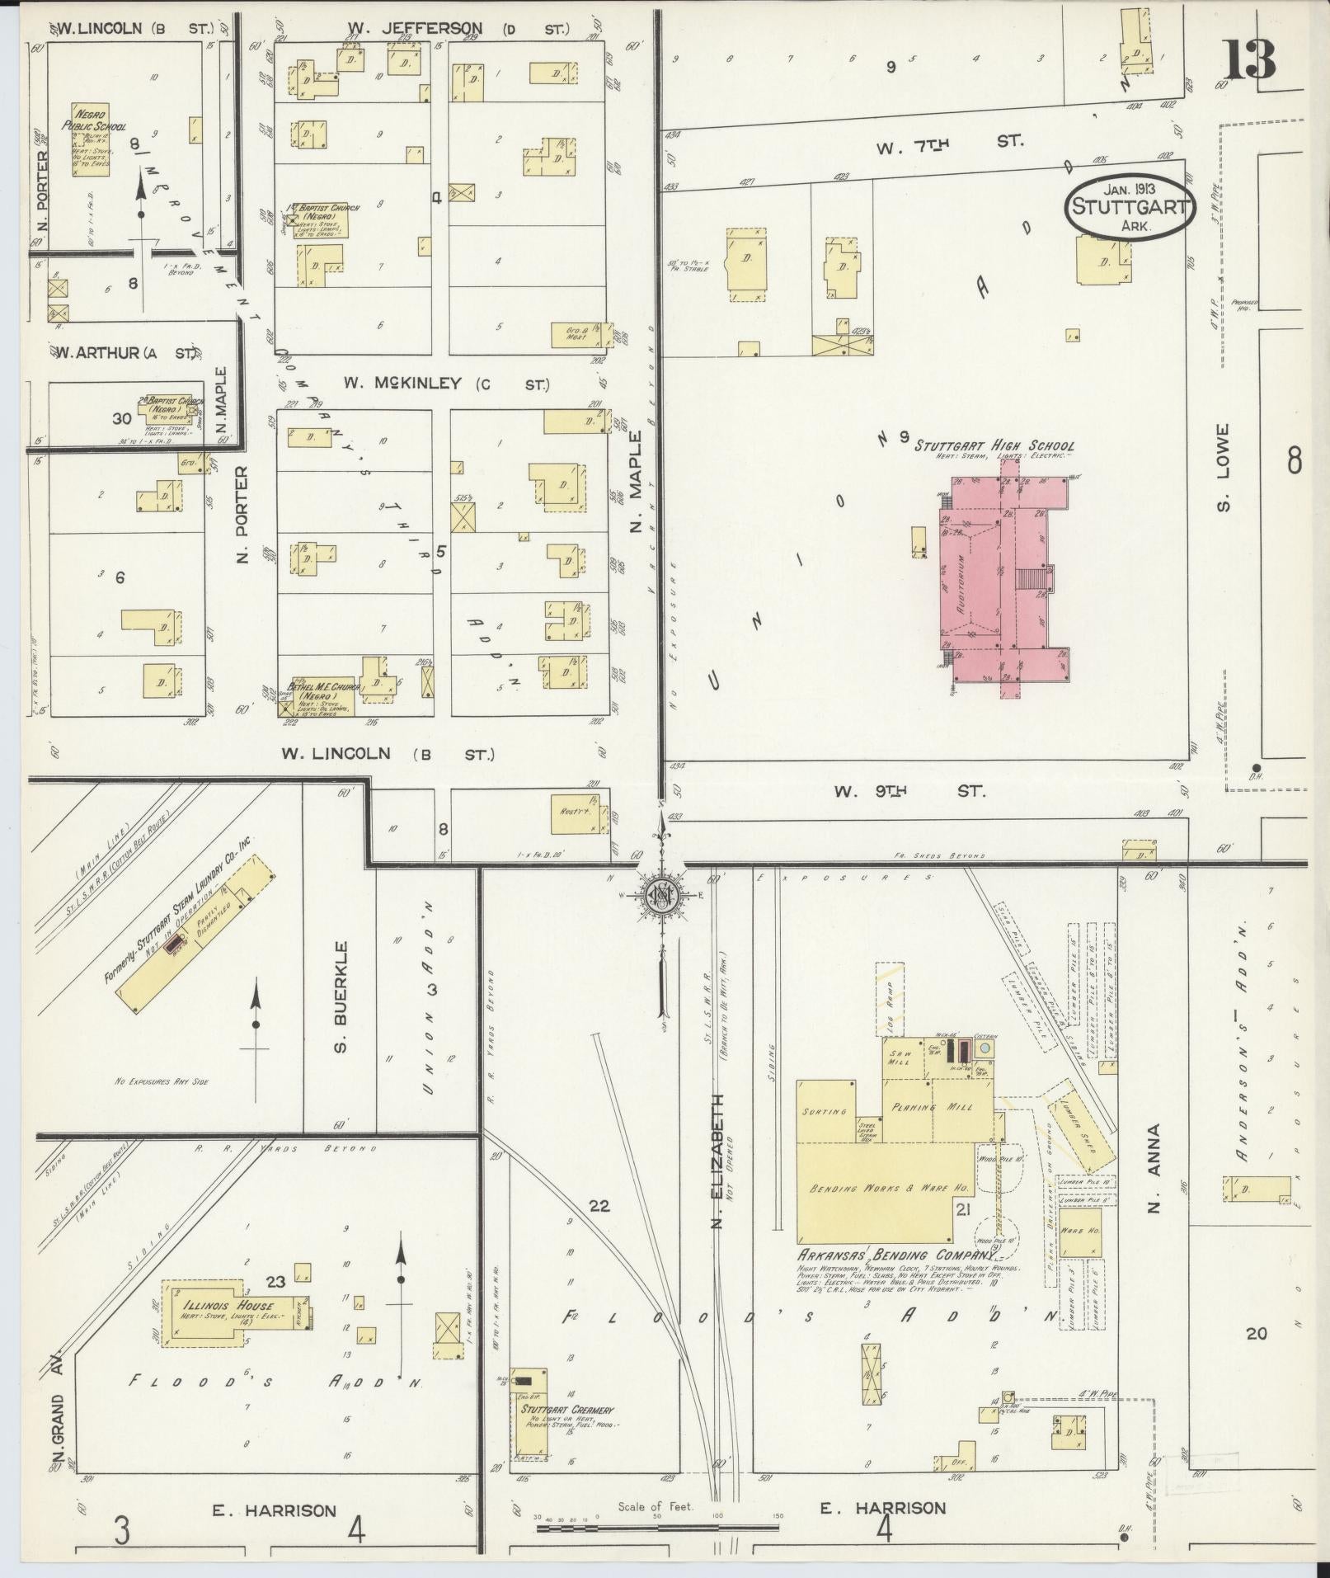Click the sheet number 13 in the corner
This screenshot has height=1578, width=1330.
point(1249,58)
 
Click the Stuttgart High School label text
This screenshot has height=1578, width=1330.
point(993,446)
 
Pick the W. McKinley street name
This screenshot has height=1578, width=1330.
point(445,384)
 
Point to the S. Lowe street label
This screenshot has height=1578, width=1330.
point(1223,467)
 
